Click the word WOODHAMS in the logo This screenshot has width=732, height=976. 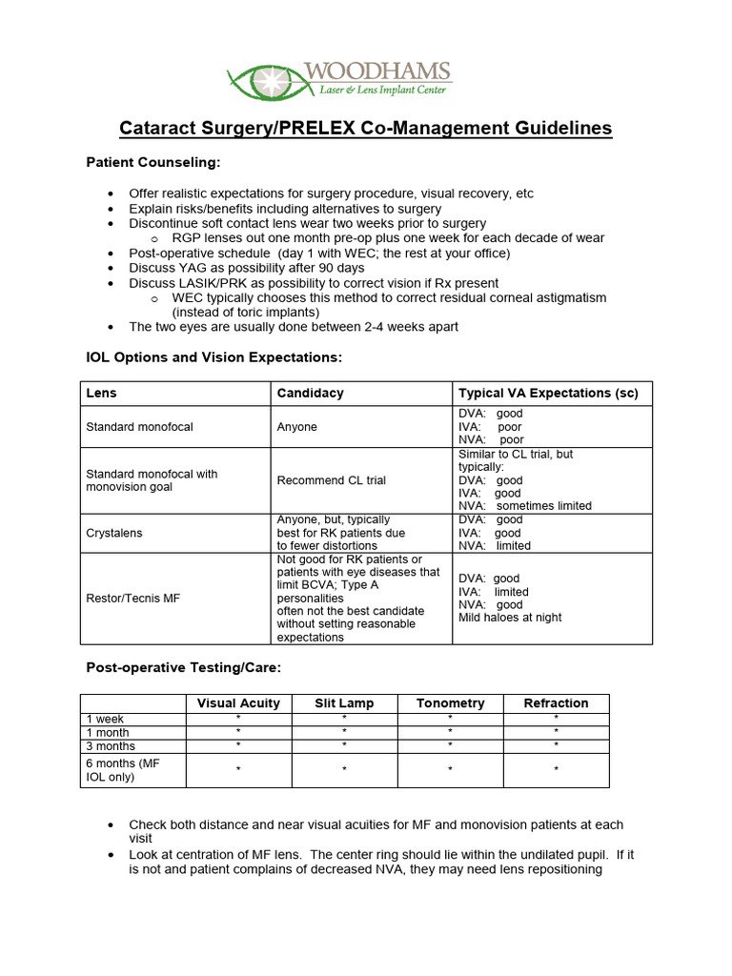376,71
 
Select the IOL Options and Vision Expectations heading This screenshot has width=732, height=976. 213,357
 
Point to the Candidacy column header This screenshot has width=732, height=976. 310,394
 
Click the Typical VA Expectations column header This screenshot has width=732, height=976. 548,394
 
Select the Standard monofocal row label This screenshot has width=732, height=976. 139,427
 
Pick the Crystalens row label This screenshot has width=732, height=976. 114,533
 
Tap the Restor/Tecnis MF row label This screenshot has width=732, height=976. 132,598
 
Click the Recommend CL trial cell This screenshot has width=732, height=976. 331,480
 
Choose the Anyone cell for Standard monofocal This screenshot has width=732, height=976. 296,427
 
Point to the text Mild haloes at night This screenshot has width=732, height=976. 510,618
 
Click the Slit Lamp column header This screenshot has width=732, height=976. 344,703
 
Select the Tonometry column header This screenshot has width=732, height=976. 450,703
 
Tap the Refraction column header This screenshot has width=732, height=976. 556,703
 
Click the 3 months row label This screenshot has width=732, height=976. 111,746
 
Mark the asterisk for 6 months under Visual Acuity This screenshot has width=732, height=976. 238,769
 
